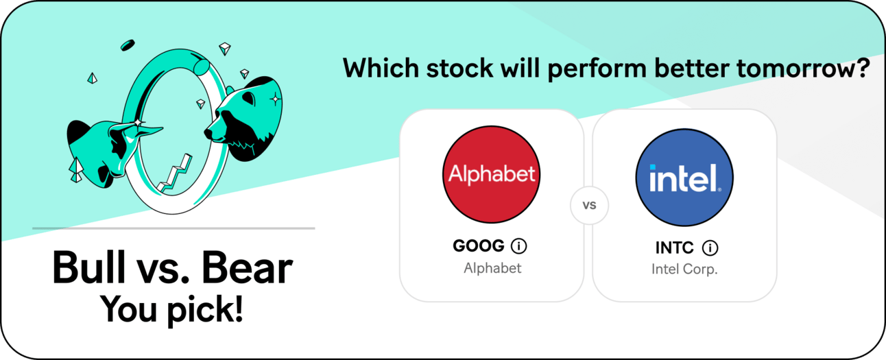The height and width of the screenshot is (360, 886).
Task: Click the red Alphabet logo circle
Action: pyautogui.click(x=491, y=174)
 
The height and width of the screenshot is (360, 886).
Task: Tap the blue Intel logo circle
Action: pyautogui.click(x=684, y=177)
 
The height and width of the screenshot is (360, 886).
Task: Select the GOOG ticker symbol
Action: pyautogui.click(x=479, y=245)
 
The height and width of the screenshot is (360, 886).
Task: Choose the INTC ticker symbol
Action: pyautogui.click(x=674, y=248)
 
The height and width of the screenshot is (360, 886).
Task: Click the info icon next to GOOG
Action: pyautogui.click(x=518, y=246)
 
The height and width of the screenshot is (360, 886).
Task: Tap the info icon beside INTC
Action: pyautogui.click(x=710, y=248)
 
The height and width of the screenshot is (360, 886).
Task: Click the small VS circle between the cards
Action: pyautogui.click(x=589, y=205)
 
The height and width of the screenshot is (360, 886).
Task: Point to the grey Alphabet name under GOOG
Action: pyautogui.click(x=492, y=268)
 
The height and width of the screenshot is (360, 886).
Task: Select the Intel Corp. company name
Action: pyautogui.click(x=684, y=269)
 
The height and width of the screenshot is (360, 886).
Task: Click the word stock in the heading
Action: pyautogui.click(x=459, y=68)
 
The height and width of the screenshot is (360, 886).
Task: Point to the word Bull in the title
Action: pyautogui.click(x=89, y=267)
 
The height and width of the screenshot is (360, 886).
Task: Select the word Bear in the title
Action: pyautogui.click(x=247, y=268)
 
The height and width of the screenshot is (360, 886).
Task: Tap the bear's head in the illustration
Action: pyautogui.click(x=243, y=119)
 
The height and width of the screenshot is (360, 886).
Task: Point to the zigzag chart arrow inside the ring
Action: pyautogui.click(x=174, y=174)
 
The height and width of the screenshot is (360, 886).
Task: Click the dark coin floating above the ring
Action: pyautogui.click(x=128, y=45)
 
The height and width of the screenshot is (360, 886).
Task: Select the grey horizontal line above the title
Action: pyautogui.click(x=173, y=228)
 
